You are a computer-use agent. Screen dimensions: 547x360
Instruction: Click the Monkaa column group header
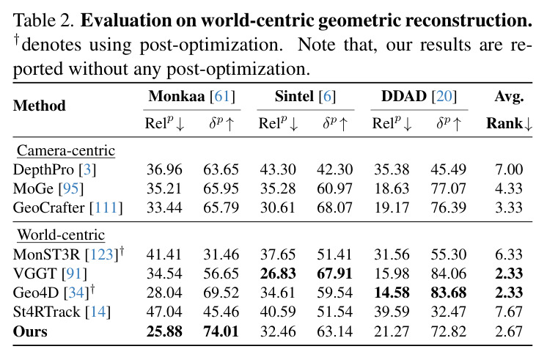[x=191, y=96]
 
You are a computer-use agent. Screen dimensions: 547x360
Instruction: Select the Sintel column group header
[x=305, y=96]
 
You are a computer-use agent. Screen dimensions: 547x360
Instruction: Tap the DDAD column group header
[x=419, y=96]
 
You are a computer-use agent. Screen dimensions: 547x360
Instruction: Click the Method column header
[x=39, y=106]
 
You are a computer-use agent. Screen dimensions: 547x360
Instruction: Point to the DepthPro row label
[x=54, y=169]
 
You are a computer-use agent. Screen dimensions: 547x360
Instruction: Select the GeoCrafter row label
[x=67, y=207]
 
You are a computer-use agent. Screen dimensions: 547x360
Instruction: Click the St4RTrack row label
[x=62, y=312]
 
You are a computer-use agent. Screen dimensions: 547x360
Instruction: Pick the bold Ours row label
[x=30, y=331]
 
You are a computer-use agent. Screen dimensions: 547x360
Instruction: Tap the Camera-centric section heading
[x=66, y=150]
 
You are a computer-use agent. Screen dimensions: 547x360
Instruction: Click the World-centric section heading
[x=61, y=235]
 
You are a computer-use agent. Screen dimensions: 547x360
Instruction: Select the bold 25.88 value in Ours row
[x=164, y=331]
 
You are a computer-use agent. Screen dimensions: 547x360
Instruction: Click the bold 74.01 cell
[x=221, y=331]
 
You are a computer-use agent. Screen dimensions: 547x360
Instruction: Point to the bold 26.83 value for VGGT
[x=278, y=273]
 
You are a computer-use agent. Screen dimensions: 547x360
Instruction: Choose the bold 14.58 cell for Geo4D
[x=392, y=293]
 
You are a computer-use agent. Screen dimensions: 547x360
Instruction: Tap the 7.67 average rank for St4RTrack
[x=509, y=312]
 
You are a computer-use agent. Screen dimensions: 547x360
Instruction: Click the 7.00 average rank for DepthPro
[x=509, y=169]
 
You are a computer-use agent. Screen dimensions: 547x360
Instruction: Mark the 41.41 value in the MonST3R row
[x=164, y=254]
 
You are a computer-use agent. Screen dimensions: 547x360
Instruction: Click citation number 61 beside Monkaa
[x=222, y=96]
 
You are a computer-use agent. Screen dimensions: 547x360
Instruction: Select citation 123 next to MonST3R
[x=101, y=254]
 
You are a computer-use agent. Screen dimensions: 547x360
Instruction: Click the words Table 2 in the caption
[x=43, y=21]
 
